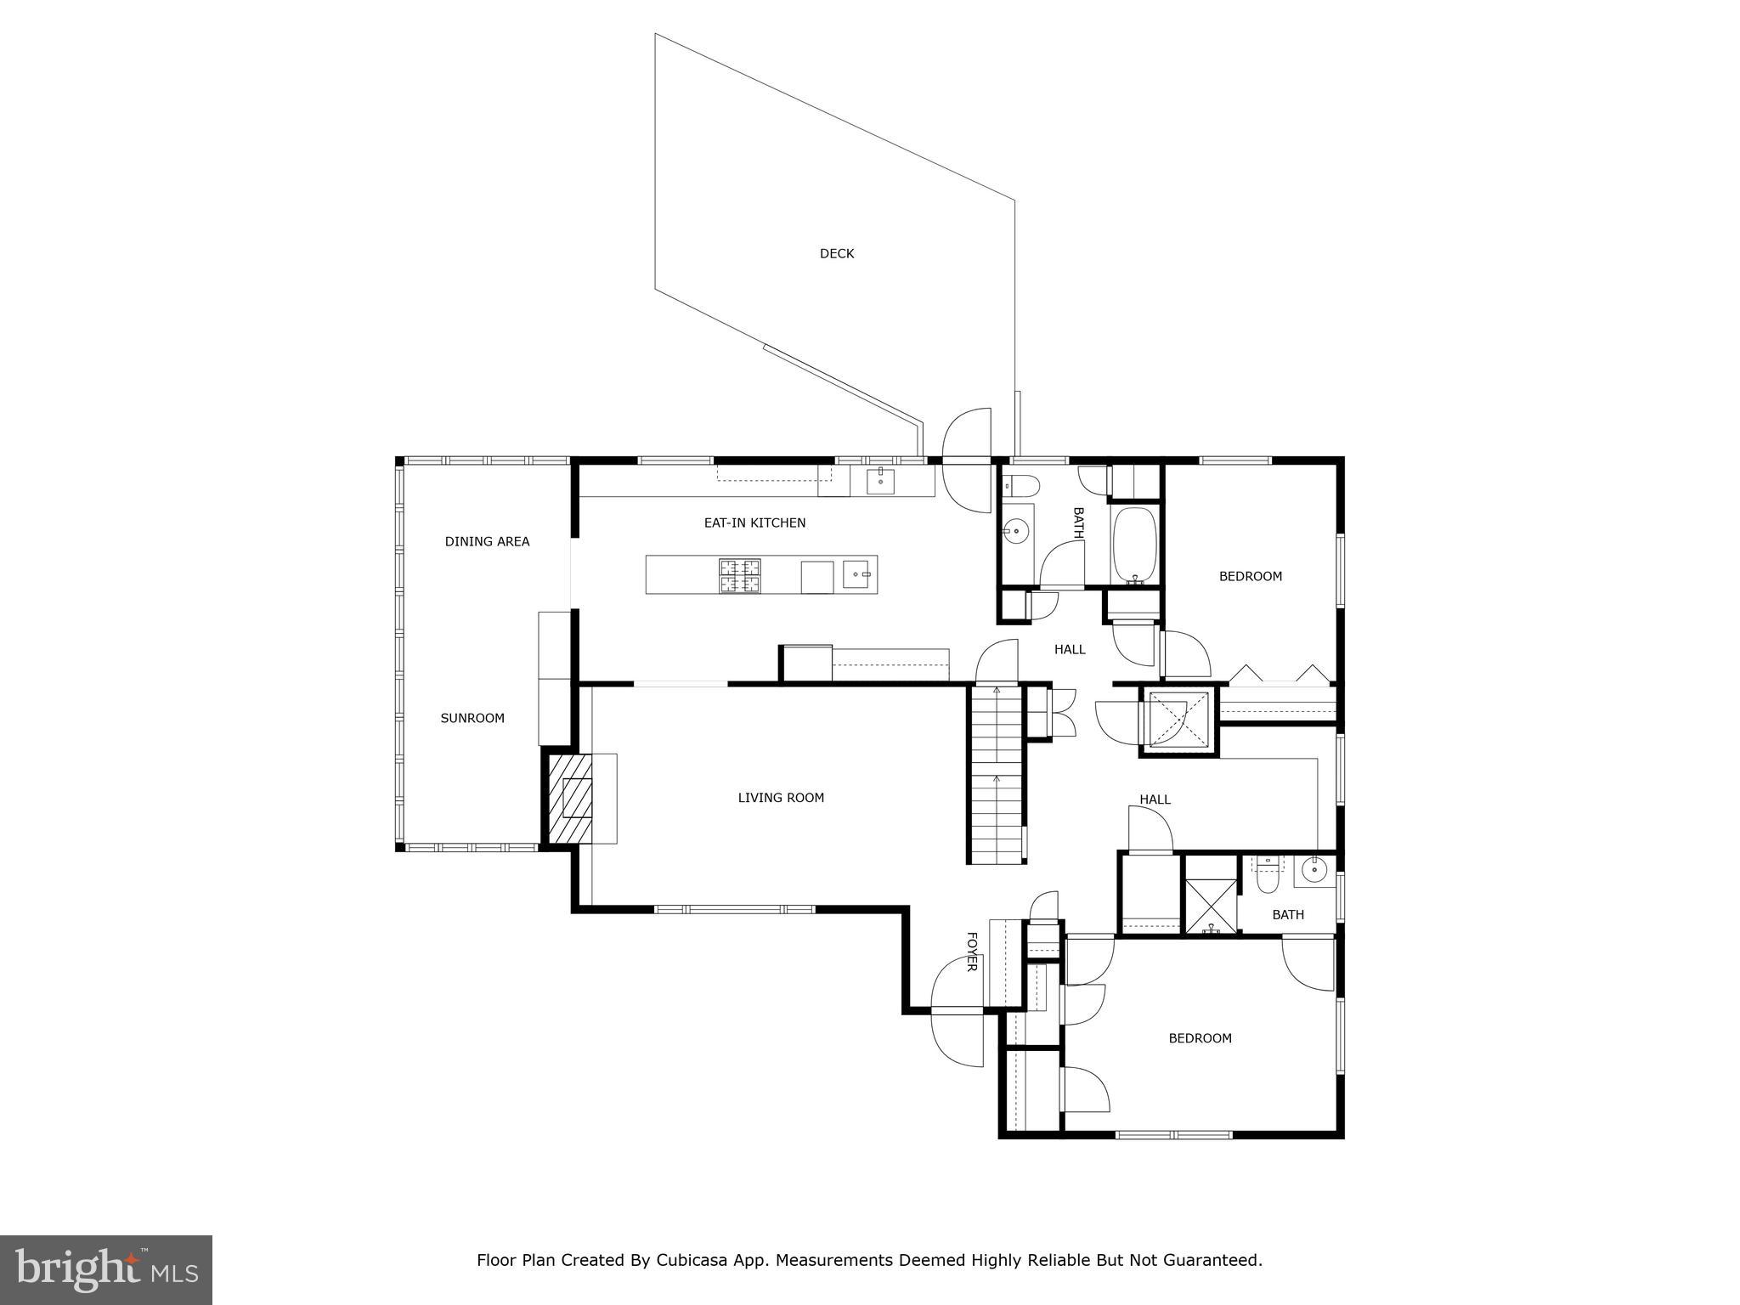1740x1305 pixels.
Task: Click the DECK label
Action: click(x=836, y=253)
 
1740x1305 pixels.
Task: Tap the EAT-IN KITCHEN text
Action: click(x=754, y=523)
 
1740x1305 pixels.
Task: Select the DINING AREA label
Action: click(x=487, y=541)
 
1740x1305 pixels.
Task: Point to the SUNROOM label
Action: click(x=472, y=718)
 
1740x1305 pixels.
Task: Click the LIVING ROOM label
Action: click(x=781, y=797)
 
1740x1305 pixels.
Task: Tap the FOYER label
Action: click(x=972, y=952)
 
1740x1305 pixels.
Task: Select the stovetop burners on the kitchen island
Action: click(x=740, y=575)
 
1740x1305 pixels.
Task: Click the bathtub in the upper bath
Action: click(x=1134, y=545)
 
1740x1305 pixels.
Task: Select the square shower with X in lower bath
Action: click(x=1210, y=906)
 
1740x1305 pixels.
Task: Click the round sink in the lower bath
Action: click(x=1313, y=870)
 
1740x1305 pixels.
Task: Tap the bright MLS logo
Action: click(x=106, y=1269)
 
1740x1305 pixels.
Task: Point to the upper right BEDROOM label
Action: click(x=1250, y=576)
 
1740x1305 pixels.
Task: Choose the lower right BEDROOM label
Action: click(x=1200, y=1038)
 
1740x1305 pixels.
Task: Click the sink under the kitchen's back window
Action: click(x=880, y=481)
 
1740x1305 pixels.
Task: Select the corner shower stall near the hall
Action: click(x=1178, y=720)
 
